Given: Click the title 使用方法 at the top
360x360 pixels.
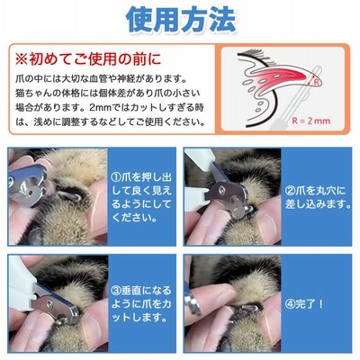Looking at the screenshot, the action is pos(181,20).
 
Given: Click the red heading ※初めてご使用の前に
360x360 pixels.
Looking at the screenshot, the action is pos(88,58).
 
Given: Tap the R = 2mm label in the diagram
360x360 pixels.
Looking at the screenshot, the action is pos(311,121).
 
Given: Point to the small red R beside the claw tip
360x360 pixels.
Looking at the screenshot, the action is pos(316,81).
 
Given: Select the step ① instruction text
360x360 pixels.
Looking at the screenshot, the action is pos(141,197).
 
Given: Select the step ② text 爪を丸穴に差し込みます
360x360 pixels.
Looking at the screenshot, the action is pos(318,197).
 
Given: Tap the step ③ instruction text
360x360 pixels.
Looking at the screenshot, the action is pos(141,303).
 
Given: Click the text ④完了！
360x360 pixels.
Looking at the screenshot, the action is pos(304,304).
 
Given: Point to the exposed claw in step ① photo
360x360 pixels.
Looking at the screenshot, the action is pos(70,196).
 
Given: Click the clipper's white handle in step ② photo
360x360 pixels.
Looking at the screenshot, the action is pos(201,160).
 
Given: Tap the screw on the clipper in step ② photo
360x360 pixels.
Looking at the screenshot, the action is pos(221,190).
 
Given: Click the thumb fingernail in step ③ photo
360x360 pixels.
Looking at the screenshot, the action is pos(91,328).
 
